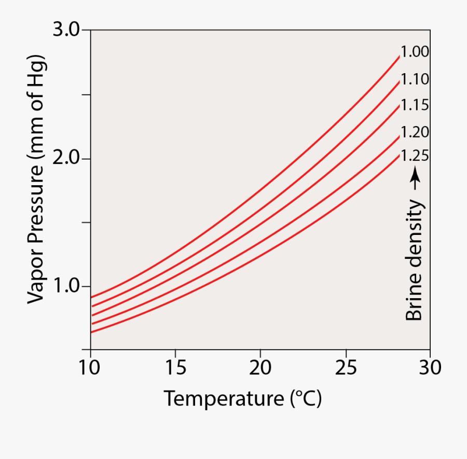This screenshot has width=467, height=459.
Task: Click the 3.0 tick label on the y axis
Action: point(66,30)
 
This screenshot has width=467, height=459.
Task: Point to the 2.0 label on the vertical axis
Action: point(66,158)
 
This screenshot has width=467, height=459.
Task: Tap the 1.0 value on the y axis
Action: point(66,286)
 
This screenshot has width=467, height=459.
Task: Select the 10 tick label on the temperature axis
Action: point(91,368)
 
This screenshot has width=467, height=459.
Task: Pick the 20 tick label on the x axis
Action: point(260,368)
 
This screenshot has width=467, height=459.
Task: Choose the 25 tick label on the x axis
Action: point(345,368)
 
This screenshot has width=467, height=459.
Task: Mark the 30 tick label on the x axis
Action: point(430,368)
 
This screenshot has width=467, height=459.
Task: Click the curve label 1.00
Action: point(415,52)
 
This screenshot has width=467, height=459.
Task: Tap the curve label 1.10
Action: point(415,79)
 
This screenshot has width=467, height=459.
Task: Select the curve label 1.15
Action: point(415,105)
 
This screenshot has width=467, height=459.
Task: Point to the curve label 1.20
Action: point(415,132)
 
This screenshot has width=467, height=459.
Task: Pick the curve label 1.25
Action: point(415,156)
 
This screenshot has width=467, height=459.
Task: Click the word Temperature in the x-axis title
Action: point(223,399)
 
